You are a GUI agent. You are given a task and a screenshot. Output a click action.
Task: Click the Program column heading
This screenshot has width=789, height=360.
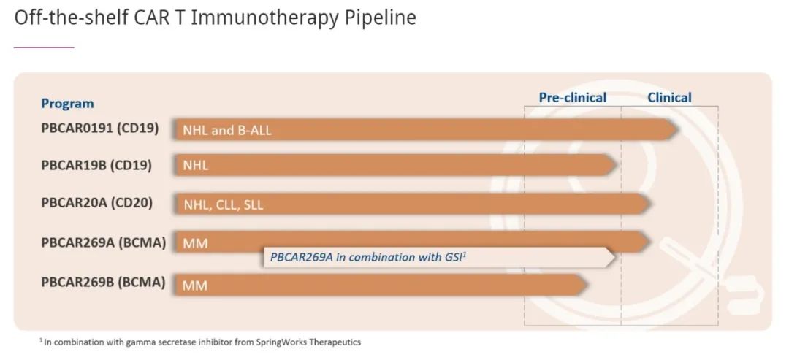(x=67, y=104)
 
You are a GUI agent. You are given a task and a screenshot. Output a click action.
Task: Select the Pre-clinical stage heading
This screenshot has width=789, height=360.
(x=573, y=98)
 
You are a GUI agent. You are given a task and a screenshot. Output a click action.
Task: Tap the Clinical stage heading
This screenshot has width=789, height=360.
(x=669, y=98)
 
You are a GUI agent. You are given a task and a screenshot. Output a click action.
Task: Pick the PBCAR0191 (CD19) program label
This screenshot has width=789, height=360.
(x=99, y=129)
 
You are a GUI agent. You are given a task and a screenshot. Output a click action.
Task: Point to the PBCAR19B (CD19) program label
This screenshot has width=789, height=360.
(x=96, y=166)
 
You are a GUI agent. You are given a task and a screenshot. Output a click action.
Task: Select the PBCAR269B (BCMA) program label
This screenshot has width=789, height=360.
(x=103, y=283)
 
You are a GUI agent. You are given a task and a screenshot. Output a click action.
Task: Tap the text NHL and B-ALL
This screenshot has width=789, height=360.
(x=227, y=131)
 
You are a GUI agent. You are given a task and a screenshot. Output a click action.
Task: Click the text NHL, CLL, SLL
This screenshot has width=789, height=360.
(x=224, y=205)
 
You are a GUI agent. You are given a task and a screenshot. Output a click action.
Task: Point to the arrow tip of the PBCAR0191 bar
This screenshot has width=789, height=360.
(x=677, y=130)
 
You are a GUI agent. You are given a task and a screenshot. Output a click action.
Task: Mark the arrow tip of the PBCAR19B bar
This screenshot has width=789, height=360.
(x=617, y=165)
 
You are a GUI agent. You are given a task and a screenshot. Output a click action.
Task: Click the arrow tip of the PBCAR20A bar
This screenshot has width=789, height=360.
(x=652, y=204)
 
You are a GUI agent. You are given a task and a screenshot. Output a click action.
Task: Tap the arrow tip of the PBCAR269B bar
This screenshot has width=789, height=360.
(x=587, y=285)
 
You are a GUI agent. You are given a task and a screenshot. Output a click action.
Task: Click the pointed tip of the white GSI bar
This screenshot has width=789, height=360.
(x=615, y=258)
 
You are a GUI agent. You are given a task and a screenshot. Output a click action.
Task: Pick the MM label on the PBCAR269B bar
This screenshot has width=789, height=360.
(x=195, y=286)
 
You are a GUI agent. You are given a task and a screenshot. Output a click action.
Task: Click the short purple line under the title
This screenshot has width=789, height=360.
(x=44, y=47)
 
